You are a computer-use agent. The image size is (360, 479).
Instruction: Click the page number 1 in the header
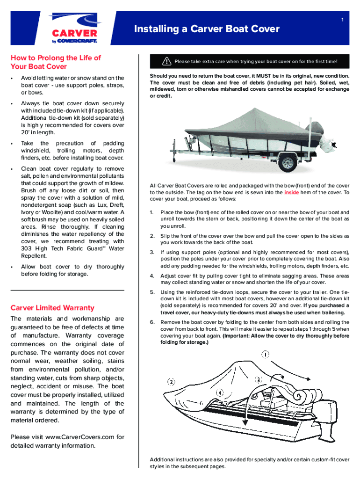tap(343, 20)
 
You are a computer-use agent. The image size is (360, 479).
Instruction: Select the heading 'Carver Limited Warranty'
tap(52, 308)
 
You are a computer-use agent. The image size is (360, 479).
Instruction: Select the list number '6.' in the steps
tap(152, 322)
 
